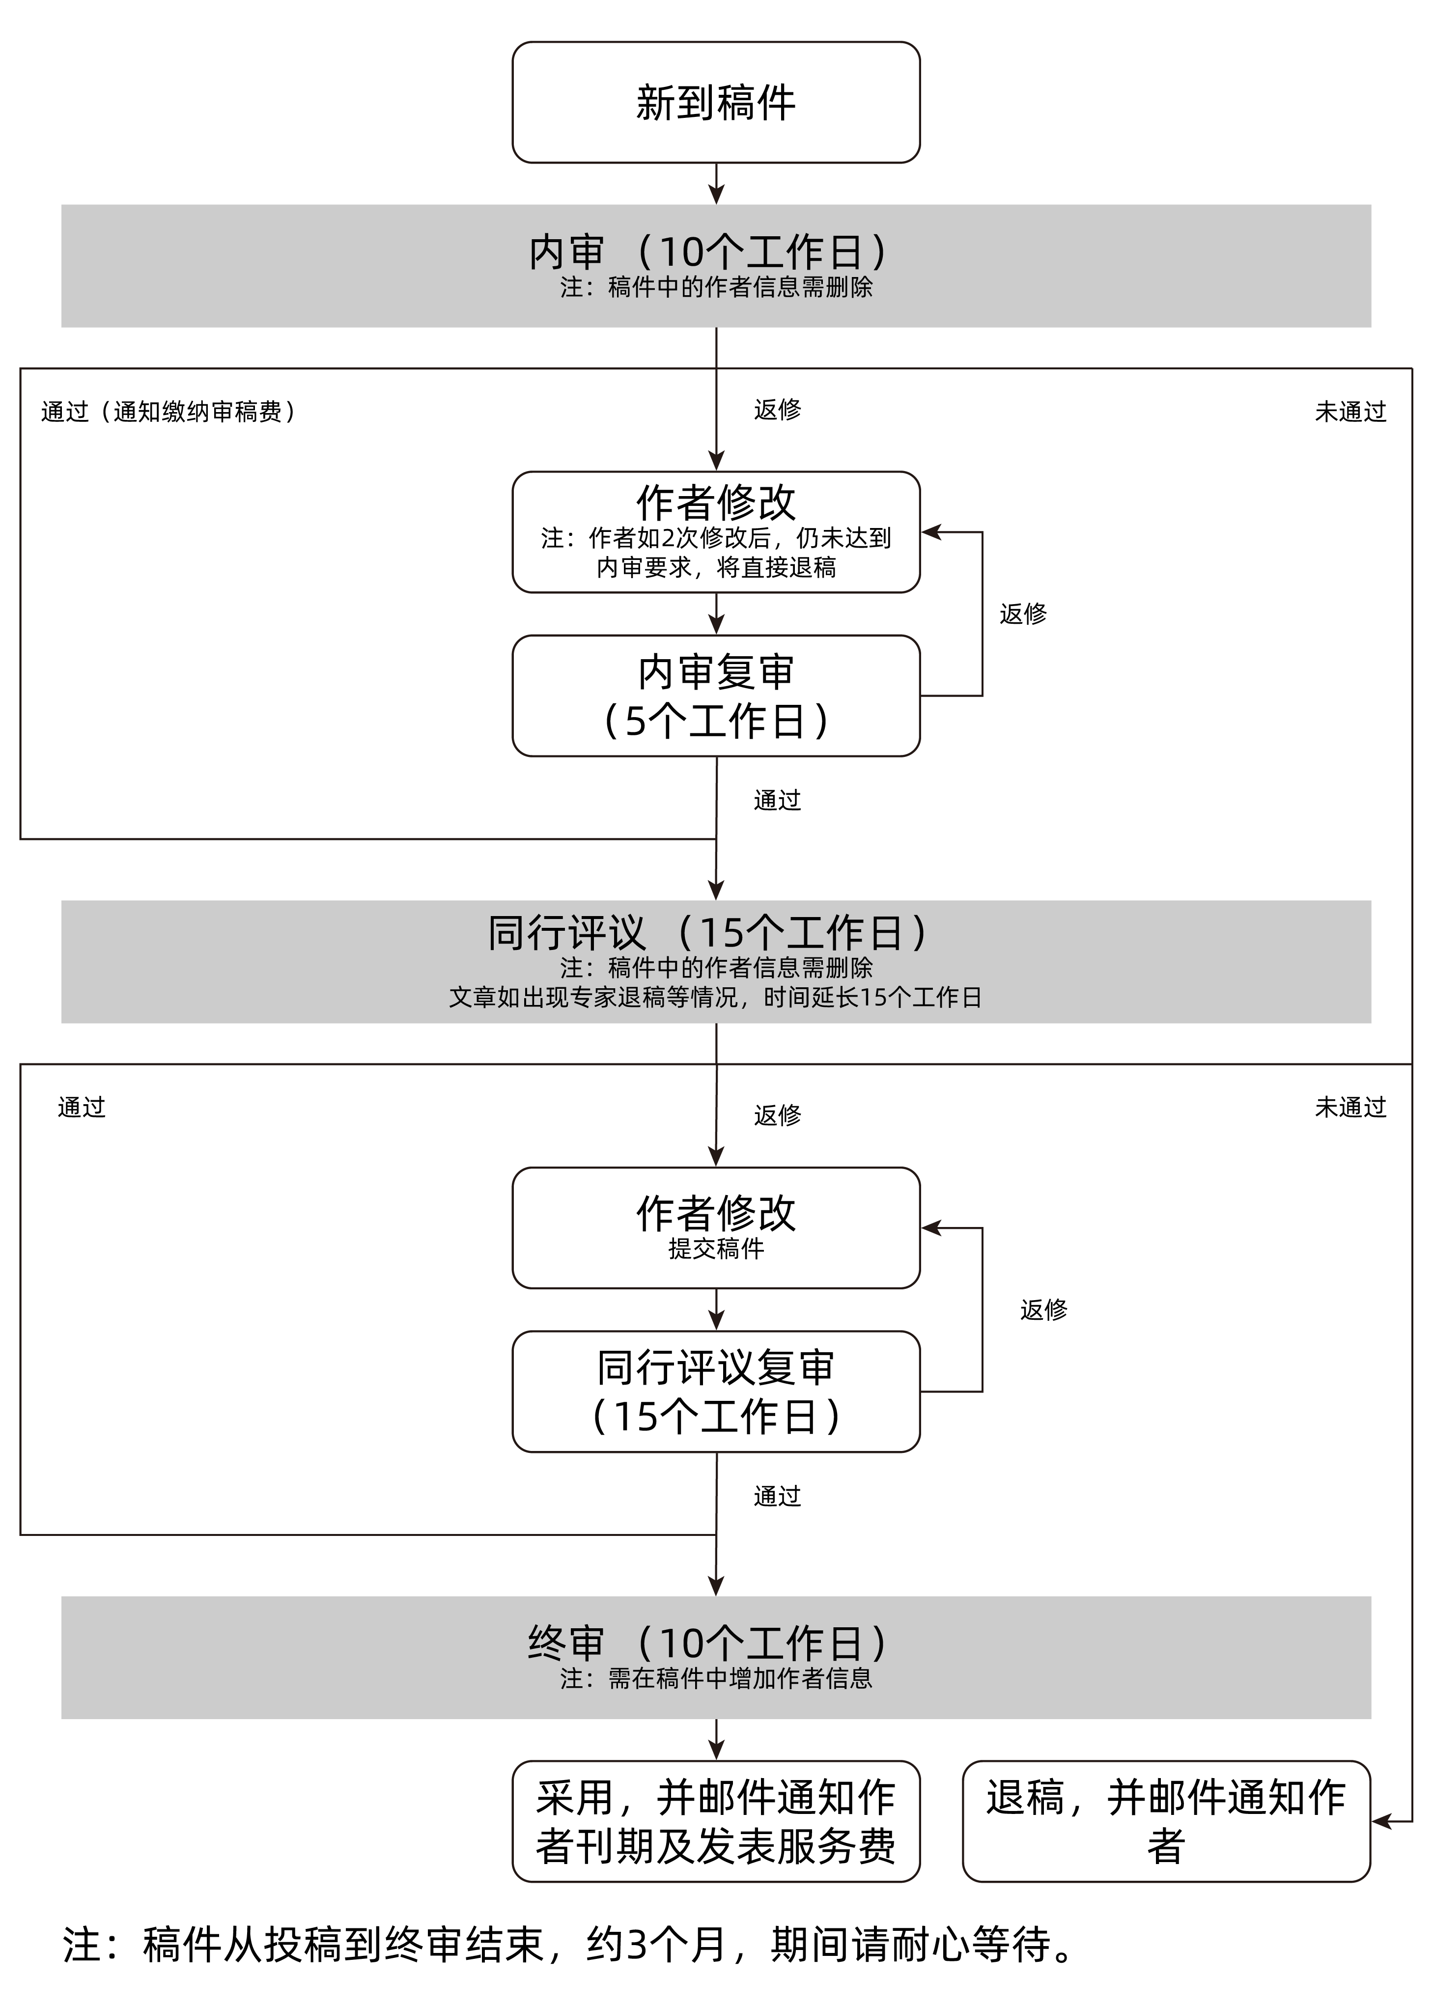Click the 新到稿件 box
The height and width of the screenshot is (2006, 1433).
(x=716, y=102)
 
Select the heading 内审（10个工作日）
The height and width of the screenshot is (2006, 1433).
(x=708, y=252)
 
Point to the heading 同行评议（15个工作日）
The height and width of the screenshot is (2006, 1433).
(x=708, y=932)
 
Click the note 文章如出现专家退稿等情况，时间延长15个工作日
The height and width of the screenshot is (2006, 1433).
(x=716, y=998)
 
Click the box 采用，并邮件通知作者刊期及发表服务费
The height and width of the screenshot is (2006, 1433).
(x=716, y=1822)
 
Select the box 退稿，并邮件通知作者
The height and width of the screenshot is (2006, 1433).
(x=1166, y=1822)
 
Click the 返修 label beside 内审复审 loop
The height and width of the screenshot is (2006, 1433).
(x=1023, y=614)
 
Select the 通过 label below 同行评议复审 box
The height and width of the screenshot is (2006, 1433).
(x=777, y=1496)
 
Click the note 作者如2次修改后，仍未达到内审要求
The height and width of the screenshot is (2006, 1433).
(x=716, y=552)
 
